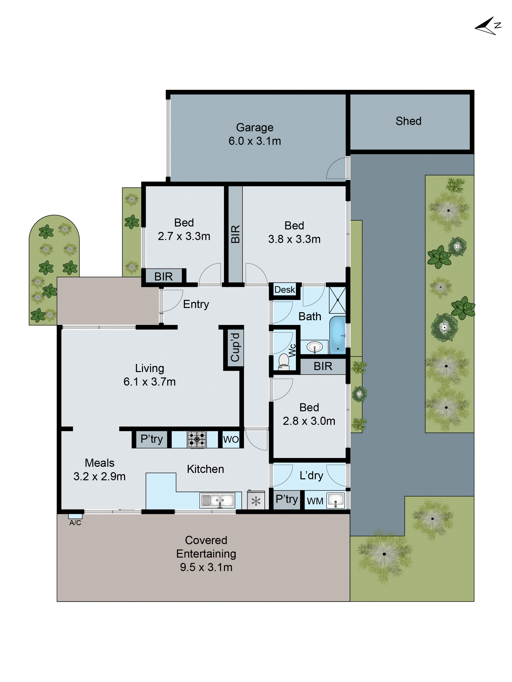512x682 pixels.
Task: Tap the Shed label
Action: pos(408,121)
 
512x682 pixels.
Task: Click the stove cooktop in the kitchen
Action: pos(197,439)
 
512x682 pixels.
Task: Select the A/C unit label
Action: pos(75,523)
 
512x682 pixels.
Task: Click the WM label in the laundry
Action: pos(315,501)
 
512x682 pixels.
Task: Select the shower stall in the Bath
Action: pos(337,300)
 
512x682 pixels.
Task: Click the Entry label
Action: pos(196,304)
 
